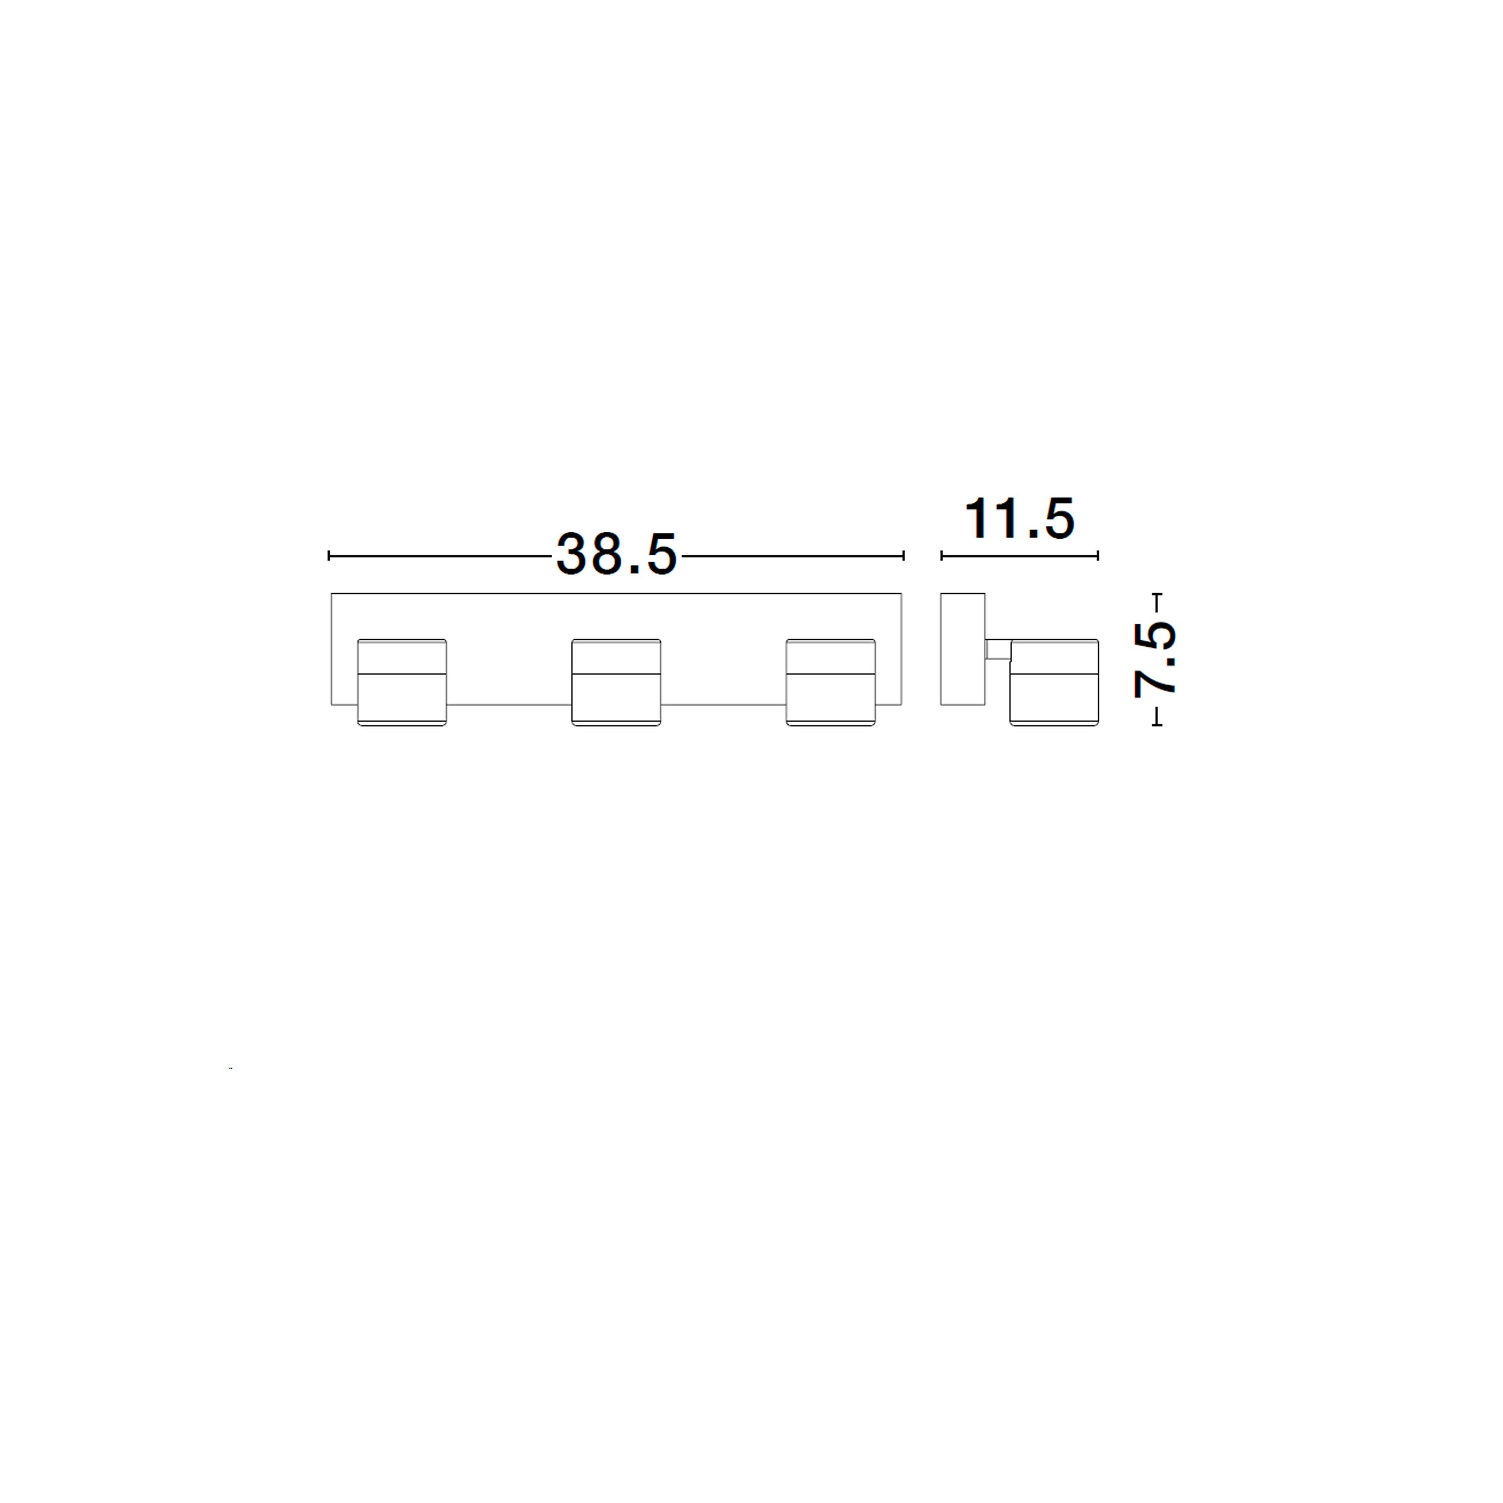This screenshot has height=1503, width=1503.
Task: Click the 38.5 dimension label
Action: tap(616, 555)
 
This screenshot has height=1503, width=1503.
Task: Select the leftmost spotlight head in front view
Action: tap(402, 682)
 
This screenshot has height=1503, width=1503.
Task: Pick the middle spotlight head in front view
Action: tap(616, 682)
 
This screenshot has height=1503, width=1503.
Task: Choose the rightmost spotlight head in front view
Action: tap(831, 682)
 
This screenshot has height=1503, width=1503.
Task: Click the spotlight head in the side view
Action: tap(1054, 682)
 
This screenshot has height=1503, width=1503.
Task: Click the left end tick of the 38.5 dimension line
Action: tap(329, 555)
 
